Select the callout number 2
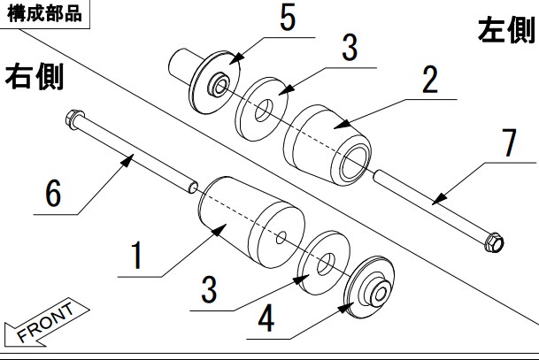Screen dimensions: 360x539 click(429, 81)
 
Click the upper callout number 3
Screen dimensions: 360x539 click(350, 48)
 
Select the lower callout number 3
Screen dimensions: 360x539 click(208, 289)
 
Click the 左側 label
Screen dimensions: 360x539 click(506, 32)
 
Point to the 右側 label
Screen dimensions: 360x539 click(35, 77)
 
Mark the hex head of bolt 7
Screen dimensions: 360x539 click(494, 240)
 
